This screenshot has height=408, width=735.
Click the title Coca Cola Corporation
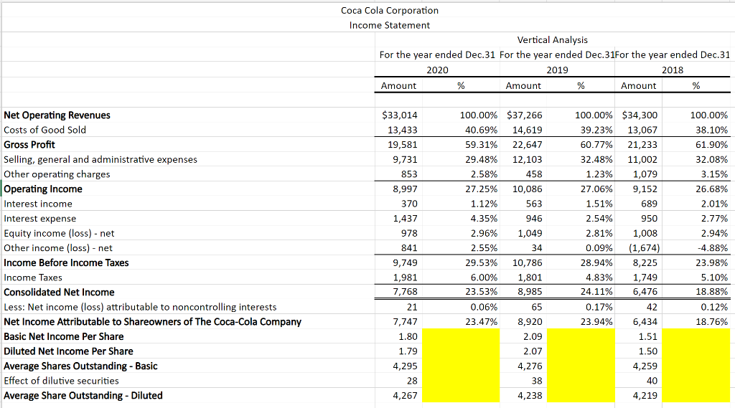390,10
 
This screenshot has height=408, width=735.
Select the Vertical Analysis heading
552,39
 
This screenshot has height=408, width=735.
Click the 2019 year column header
557,70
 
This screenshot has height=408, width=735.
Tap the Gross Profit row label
29,144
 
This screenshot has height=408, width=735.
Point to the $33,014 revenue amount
401,115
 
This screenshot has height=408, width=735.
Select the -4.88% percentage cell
711,248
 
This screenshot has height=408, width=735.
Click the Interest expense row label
40,218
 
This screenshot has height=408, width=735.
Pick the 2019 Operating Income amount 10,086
528,189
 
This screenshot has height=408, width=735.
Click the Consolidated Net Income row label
59,292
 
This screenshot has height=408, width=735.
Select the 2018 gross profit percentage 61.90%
709,144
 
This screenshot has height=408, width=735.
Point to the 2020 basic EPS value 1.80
408,336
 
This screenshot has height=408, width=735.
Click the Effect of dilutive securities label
62,381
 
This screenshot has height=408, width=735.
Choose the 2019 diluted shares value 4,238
530,395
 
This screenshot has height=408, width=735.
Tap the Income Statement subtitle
390,25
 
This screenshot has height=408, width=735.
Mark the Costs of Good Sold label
45,130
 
